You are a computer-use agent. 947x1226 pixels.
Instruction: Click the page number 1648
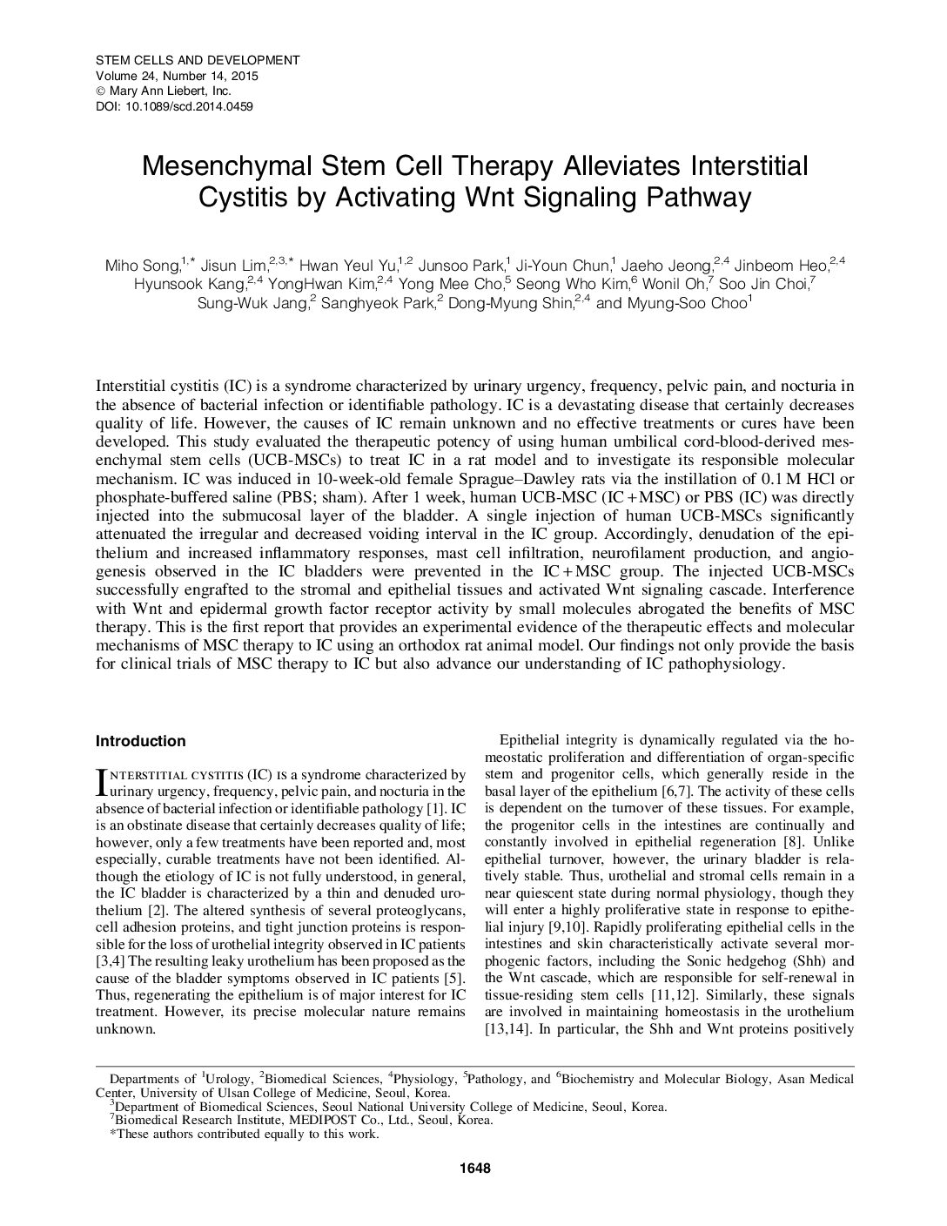473,1168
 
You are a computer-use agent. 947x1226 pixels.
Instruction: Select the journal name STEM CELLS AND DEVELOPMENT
197,60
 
